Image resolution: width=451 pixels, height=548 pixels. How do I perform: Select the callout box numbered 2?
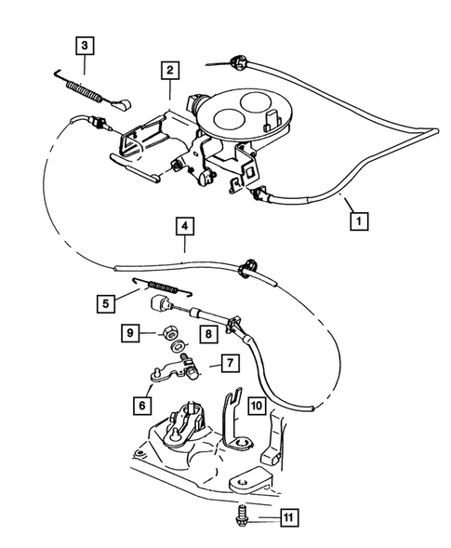168,70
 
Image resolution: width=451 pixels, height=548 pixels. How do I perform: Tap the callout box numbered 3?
85,45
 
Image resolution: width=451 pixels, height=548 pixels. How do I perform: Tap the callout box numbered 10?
257,406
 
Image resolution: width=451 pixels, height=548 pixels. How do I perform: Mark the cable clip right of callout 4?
249,264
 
